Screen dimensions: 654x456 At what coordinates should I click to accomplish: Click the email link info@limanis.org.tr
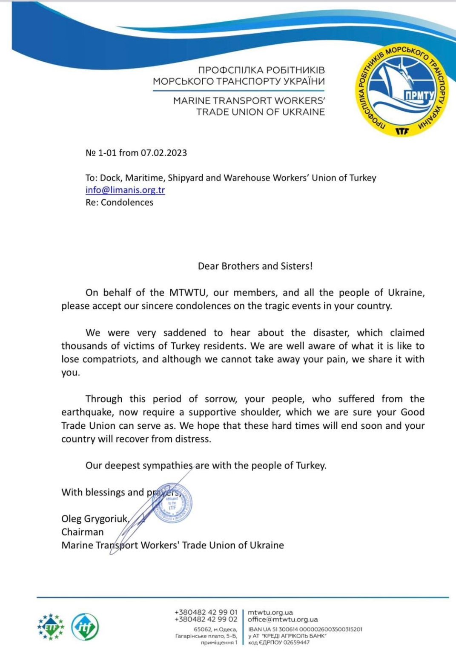click(x=125, y=190)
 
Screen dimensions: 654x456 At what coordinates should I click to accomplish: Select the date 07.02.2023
click(x=164, y=153)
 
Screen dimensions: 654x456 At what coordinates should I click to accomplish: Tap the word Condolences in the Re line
click(x=127, y=203)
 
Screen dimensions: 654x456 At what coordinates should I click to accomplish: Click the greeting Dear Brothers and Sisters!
click(x=255, y=266)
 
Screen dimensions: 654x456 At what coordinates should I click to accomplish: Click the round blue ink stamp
click(x=172, y=503)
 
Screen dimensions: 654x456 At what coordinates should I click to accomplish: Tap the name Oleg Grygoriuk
click(x=95, y=519)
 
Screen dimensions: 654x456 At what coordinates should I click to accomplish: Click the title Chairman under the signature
click(x=83, y=532)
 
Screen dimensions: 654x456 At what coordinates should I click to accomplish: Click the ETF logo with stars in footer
click(x=51, y=626)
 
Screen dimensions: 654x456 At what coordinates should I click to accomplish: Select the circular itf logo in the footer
click(x=85, y=627)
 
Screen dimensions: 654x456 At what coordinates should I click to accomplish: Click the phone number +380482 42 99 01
click(x=206, y=612)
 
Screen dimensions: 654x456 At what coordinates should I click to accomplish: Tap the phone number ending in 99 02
click(x=206, y=619)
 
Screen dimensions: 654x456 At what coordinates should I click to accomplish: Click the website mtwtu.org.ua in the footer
click(x=270, y=612)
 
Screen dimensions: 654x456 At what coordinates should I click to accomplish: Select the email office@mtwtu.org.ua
click(x=283, y=619)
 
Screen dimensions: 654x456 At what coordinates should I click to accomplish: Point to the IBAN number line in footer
click(x=305, y=629)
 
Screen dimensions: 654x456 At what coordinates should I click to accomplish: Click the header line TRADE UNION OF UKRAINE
click(x=260, y=112)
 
